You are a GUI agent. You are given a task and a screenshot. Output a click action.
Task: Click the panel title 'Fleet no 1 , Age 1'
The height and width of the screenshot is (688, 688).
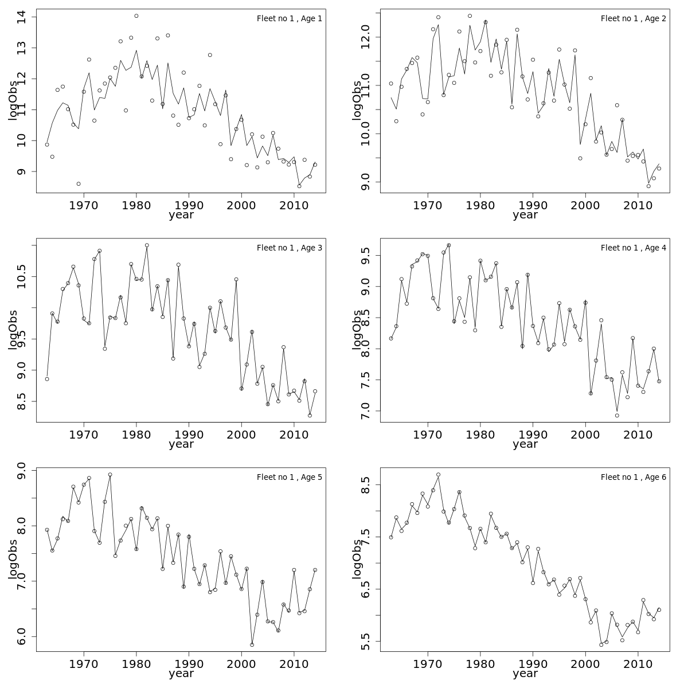pyautogui.click(x=289, y=18)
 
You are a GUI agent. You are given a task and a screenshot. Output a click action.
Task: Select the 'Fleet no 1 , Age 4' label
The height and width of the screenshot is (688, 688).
pyautogui.click(x=633, y=248)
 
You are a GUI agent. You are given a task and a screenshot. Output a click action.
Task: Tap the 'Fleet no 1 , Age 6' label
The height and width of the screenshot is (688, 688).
pyautogui.click(x=633, y=477)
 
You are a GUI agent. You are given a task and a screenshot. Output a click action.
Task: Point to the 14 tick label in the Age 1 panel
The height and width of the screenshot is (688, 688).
pyautogui.click(x=23, y=17)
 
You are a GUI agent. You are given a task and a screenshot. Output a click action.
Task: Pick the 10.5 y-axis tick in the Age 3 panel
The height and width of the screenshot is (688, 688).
pyautogui.click(x=23, y=277)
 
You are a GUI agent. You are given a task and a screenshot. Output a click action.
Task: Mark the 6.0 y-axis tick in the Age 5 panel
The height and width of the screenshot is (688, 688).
pyautogui.click(x=23, y=636)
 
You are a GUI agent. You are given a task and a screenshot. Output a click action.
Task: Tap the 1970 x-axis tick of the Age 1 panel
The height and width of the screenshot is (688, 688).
pyautogui.click(x=84, y=205)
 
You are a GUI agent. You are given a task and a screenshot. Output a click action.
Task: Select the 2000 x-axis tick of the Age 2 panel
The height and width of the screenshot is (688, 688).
pyautogui.click(x=585, y=205)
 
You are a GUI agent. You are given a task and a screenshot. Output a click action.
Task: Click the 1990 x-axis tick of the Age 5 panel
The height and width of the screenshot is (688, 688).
pyautogui.click(x=189, y=664)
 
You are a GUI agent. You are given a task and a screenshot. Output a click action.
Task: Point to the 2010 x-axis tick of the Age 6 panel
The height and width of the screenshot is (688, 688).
pyautogui.click(x=638, y=664)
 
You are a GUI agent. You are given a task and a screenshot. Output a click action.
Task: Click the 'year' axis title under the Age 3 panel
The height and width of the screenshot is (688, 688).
pyautogui.click(x=181, y=444)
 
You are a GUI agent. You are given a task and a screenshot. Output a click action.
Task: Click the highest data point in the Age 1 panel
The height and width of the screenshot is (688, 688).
pyautogui.click(x=136, y=16)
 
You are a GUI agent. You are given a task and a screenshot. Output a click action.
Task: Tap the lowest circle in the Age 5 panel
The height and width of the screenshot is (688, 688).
pyautogui.click(x=252, y=644)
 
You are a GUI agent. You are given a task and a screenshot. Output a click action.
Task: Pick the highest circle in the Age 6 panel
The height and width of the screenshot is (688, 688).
pyautogui.click(x=438, y=475)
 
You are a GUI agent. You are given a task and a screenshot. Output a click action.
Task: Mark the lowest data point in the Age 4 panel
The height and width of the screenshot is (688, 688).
pyautogui.click(x=617, y=415)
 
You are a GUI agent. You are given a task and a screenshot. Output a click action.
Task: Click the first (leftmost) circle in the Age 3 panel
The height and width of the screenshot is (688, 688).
pyautogui.click(x=47, y=379)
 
